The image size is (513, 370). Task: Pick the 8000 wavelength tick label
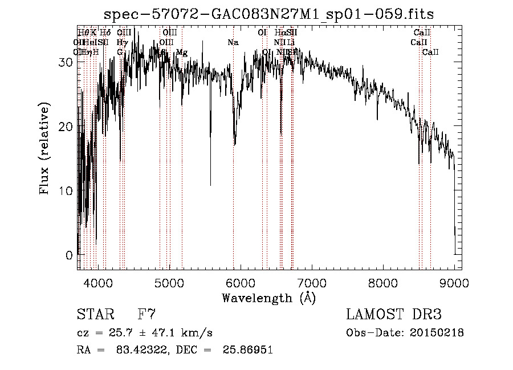coord(382,282)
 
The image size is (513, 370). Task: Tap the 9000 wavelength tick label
coord(454,282)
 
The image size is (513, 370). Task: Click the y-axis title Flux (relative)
coord(44,148)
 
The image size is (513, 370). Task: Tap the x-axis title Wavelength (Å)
coord(268,298)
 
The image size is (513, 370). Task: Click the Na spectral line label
coord(233,42)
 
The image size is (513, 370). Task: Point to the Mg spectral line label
coord(182,52)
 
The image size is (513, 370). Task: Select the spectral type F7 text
coord(146,314)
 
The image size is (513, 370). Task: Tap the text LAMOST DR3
coord(394,314)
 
